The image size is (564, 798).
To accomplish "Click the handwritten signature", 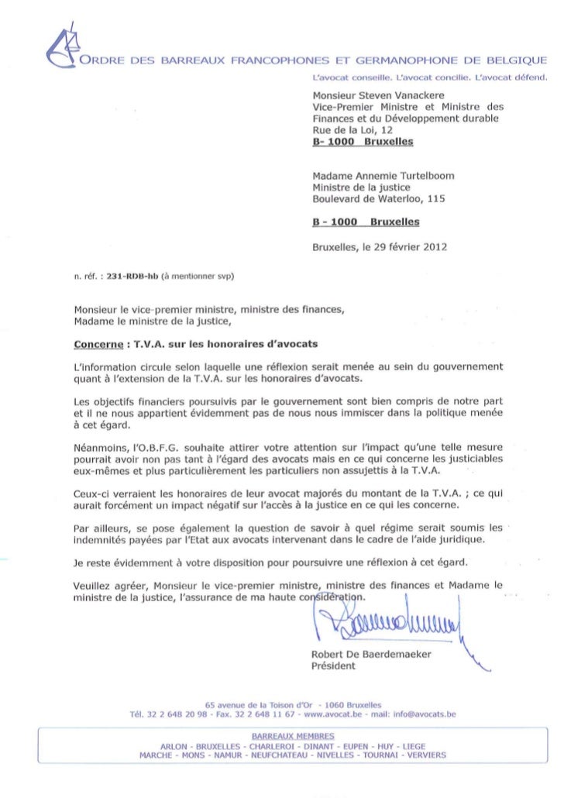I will (x=387, y=623).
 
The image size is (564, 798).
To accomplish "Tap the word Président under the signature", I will (x=333, y=667).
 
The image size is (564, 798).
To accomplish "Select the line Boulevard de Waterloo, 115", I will (x=379, y=198).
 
